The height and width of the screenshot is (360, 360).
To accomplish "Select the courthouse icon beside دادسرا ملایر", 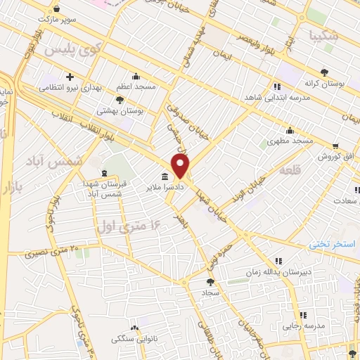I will click(165, 176).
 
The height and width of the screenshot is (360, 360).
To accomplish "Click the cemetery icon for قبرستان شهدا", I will click(105, 173).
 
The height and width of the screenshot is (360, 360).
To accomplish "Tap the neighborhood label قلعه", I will click(290, 171).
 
